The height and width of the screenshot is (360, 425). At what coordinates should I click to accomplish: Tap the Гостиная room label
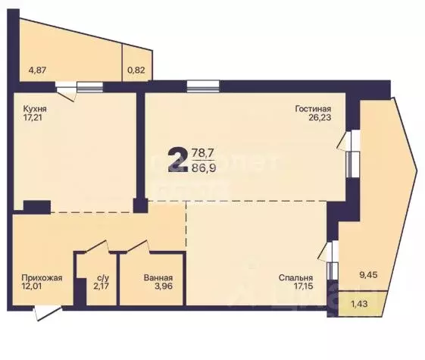(313, 108)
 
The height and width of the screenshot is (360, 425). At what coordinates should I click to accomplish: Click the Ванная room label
(158, 277)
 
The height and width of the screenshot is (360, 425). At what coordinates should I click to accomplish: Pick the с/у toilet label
(102, 277)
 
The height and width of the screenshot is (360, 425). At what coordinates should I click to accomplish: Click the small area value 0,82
(136, 70)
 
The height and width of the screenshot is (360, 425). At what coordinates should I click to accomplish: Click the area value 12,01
(34, 287)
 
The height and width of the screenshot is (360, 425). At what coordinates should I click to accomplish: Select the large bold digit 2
(179, 161)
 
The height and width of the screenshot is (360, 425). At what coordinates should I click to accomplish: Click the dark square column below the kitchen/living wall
(139, 205)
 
